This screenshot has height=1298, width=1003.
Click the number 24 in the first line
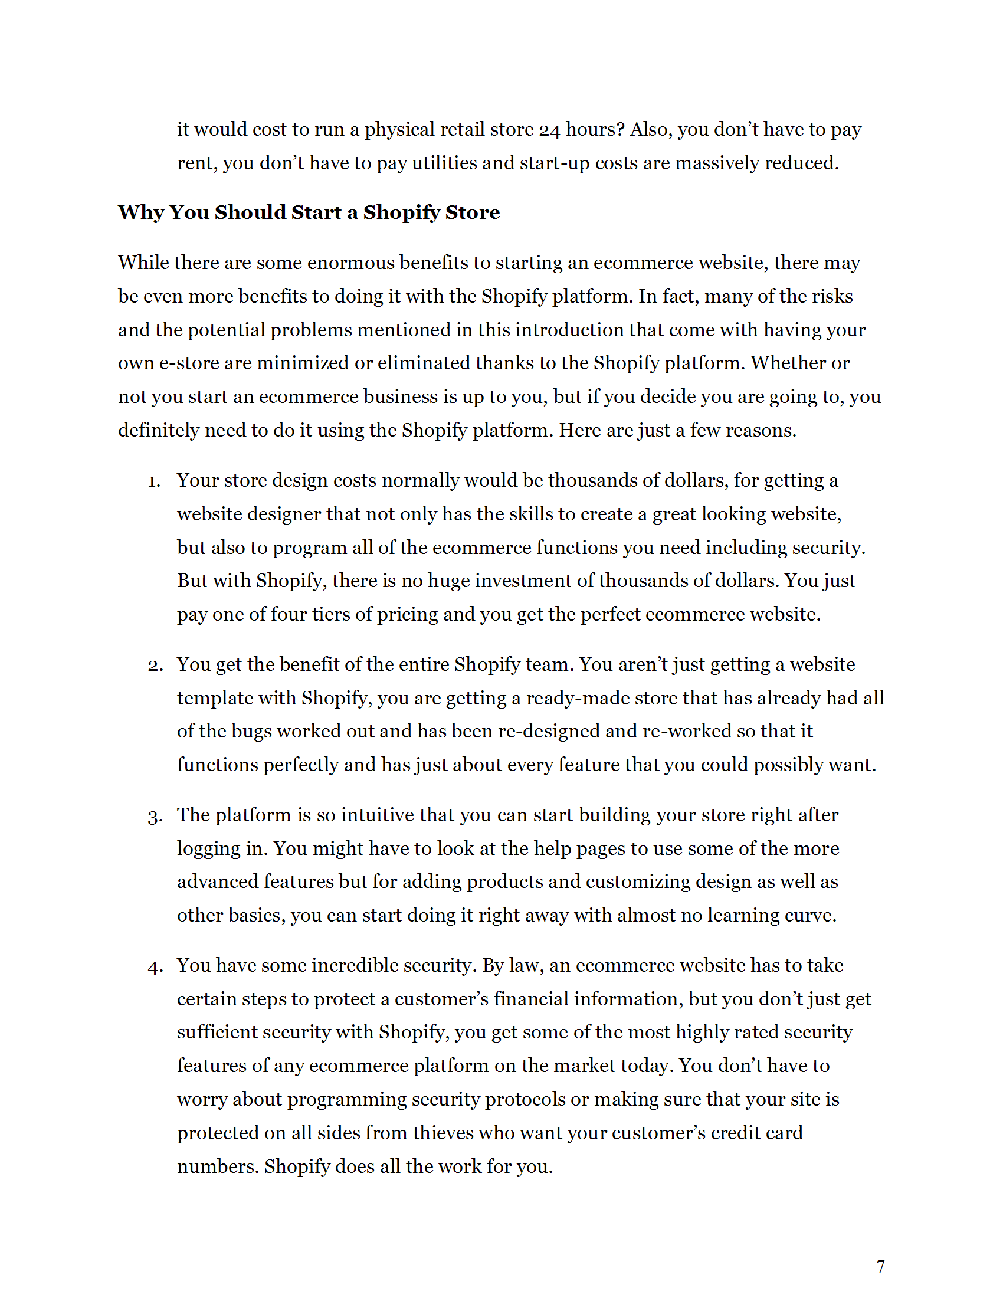tap(550, 130)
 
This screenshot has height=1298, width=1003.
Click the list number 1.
tap(154, 481)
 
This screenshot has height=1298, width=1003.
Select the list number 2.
tap(155, 666)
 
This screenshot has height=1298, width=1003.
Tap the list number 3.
tap(155, 817)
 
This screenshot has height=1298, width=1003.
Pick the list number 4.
tap(155, 967)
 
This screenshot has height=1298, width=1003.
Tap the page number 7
tap(881, 1267)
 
